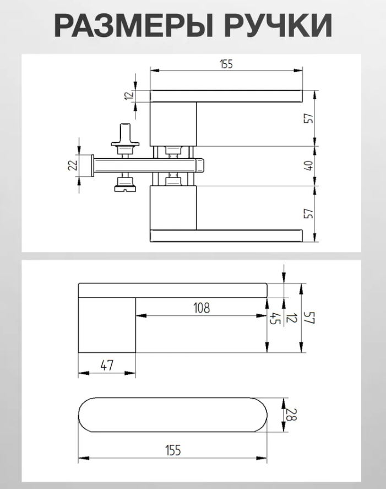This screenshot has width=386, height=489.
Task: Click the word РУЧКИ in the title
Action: click(x=278, y=25)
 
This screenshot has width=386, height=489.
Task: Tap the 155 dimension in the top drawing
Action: click(x=226, y=64)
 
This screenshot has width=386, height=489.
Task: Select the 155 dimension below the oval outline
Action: click(x=173, y=450)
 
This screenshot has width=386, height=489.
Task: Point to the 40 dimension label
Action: click(x=309, y=165)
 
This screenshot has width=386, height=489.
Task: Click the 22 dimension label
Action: click(x=73, y=165)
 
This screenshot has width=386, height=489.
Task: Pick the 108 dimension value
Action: click(x=202, y=308)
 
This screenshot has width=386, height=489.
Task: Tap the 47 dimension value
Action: click(x=107, y=365)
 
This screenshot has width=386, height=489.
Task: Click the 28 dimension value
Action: click(x=291, y=415)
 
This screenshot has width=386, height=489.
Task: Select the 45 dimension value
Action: click(x=273, y=319)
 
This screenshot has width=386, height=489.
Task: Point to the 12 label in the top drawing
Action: click(x=129, y=95)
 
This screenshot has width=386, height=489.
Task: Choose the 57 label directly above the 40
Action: click(x=309, y=118)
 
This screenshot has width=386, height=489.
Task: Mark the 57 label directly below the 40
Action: click(x=309, y=213)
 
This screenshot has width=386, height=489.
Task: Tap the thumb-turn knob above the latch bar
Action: click(x=125, y=139)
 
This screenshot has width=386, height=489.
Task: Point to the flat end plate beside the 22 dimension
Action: click(x=92, y=165)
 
